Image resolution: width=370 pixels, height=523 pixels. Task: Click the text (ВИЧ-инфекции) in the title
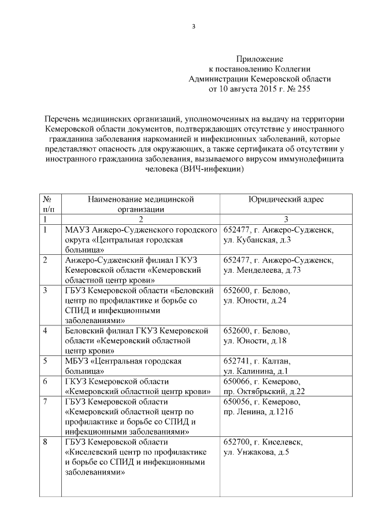point(212,169)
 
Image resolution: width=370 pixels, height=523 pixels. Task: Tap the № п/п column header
point(49,204)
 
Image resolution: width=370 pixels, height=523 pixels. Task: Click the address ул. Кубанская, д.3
point(257,239)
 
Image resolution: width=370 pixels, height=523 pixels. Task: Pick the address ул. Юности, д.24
point(254,300)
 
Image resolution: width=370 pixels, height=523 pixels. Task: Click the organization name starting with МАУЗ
point(140,239)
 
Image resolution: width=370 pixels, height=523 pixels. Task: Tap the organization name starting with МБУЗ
point(123,365)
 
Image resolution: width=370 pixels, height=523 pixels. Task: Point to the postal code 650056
point(238,401)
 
